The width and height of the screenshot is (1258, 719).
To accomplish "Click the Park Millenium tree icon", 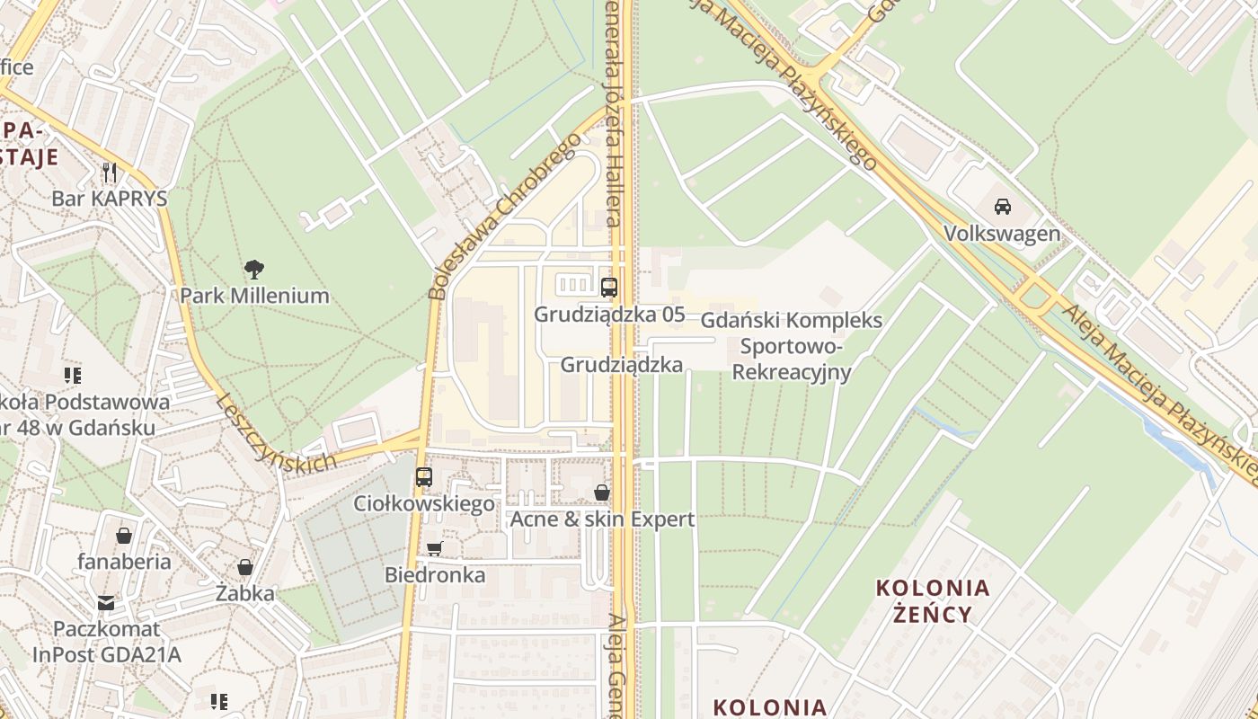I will point(254,268).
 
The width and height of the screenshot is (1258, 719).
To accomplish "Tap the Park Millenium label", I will point(254,296).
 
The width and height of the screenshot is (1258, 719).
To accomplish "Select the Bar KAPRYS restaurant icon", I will point(110,171).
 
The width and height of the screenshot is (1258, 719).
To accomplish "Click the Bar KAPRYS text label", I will point(110,199).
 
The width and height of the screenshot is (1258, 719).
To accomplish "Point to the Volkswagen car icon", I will point(1003,206).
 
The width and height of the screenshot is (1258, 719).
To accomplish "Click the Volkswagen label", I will point(1002,234).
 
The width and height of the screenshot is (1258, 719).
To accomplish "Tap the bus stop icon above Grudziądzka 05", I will point(609,288).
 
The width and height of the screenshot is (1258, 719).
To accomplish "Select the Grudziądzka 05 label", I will point(609,315).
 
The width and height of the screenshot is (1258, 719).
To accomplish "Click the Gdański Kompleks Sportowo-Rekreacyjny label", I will point(791,346).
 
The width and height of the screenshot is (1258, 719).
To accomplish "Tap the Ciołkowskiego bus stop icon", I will point(424,476).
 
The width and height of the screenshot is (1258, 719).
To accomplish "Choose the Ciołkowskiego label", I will point(424,503).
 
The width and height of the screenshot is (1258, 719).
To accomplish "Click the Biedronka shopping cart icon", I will point(435,548).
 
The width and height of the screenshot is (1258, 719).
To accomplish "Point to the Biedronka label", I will point(435,575).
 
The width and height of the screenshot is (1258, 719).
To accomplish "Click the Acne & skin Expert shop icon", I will point(602,493).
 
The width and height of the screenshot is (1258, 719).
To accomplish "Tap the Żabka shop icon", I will point(244,567).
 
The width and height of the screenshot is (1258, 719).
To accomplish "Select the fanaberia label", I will point(124,562).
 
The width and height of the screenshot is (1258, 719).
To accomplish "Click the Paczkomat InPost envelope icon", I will point(106,602).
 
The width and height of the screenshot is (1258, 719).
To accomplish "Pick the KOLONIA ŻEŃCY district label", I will point(933,601).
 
